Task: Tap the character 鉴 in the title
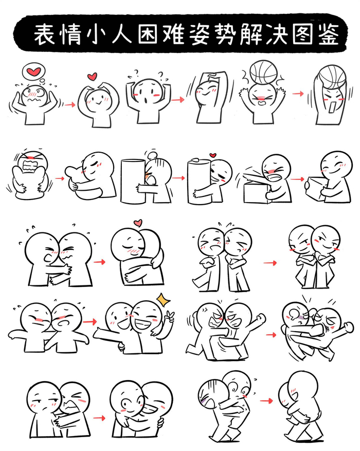coord(329,34)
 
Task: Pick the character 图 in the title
coord(303,34)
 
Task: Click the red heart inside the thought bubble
coord(34,71)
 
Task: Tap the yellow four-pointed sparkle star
coord(164,300)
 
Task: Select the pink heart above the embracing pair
coord(138,223)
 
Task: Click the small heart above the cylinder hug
coord(213,155)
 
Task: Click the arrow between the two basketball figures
coord(298,94)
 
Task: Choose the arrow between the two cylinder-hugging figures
coord(178,178)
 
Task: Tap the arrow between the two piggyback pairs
coord(266,401)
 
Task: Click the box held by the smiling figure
coord(316,189)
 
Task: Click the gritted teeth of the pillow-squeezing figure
coord(29,167)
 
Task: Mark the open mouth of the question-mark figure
coord(146,101)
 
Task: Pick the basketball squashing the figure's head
coord(263,72)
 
